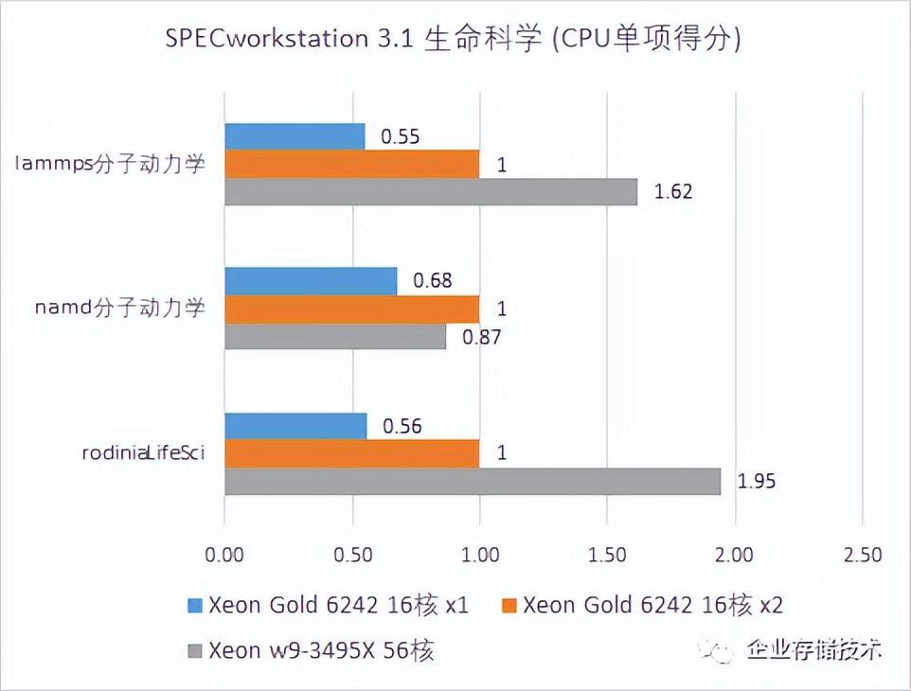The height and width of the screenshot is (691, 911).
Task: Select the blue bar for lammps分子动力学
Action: click(x=295, y=136)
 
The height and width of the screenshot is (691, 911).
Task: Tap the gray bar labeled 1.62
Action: click(x=431, y=191)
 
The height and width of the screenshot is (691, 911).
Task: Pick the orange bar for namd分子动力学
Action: click(x=351, y=309)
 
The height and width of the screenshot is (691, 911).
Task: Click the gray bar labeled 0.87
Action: click(x=334, y=336)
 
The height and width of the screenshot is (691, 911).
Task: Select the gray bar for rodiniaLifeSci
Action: click(x=472, y=481)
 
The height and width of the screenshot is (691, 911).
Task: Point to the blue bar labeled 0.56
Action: click(x=295, y=426)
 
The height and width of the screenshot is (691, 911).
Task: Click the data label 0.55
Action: click(x=400, y=136)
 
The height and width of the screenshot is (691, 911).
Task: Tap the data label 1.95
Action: click(x=756, y=481)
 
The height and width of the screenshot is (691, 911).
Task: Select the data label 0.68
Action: click(x=432, y=280)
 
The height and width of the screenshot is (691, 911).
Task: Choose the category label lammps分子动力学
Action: click(x=112, y=164)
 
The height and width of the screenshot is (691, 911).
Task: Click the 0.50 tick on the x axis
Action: click(x=351, y=554)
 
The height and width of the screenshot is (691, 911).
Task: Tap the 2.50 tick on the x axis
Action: click(x=861, y=554)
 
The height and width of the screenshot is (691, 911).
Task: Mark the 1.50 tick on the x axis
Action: click(x=606, y=554)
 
